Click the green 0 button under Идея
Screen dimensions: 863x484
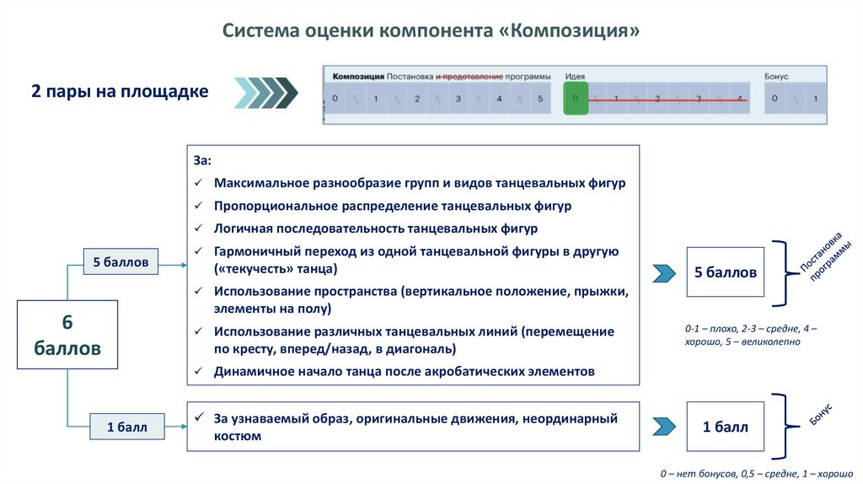(x=576, y=99)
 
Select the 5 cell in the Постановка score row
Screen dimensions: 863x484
(x=539, y=99)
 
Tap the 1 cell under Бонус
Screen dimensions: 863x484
(x=814, y=99)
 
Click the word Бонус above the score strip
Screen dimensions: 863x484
(x=776, y=77)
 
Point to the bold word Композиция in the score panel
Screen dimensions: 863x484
(x=358, y=77)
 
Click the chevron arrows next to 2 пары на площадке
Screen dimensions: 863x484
(x=265, y=92)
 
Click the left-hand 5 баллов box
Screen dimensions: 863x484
(x=121, y=262)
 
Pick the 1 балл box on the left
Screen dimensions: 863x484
(x=126, y=428)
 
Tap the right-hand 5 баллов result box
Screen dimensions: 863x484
(x=725, y=272)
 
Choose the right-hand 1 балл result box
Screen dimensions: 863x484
(x=725, y=427)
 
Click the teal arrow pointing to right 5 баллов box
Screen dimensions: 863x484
(x=664, y=272)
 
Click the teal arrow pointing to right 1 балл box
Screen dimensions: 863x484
(x=664, y=427)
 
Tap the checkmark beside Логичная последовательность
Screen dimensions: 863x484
(x=198, y=229)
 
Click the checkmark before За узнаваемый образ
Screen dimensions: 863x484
(x=198, y=418)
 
